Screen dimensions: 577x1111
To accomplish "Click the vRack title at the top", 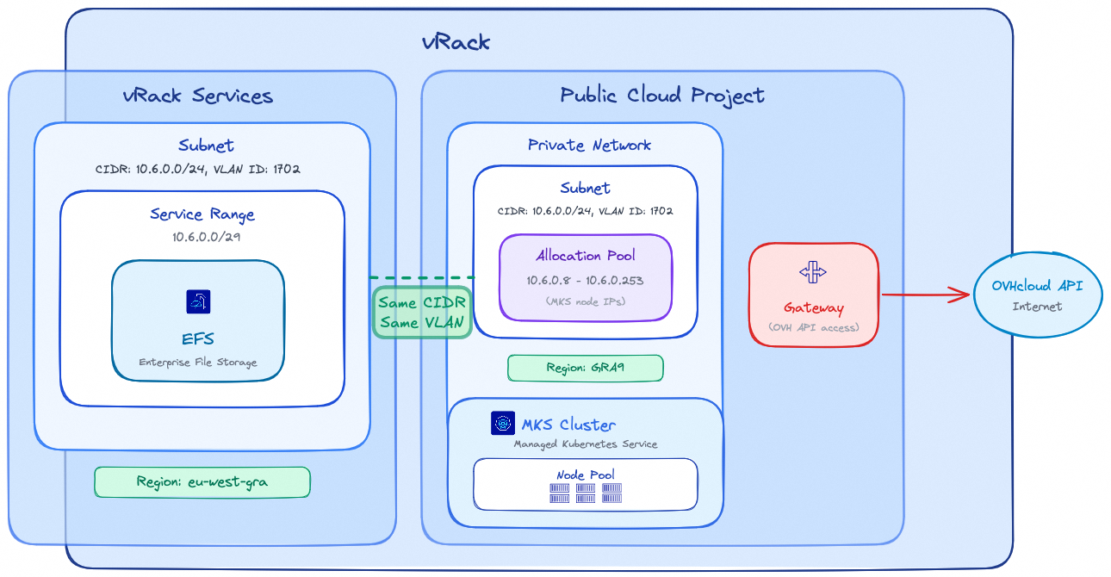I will pos(456,42).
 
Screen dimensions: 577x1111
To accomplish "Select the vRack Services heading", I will pos(198,96).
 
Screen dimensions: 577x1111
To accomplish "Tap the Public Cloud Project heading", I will pos(661,95).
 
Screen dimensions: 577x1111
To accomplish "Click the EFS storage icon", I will pos(198,301).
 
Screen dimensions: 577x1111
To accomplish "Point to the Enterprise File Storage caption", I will pos(198,363).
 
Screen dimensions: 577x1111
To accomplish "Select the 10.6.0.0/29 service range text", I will pos(202,235).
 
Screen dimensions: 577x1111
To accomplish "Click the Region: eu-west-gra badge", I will pos(202,482).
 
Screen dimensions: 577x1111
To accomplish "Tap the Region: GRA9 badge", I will pos(585,368).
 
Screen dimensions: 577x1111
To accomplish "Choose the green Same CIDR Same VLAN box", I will pos(422,313).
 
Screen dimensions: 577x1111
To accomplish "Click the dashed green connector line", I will pos(422,277).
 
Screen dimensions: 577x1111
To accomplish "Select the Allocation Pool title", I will pos(586,256).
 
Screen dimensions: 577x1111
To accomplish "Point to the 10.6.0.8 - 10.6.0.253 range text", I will pos(586,281).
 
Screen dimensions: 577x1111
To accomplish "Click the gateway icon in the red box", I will pos(813,273).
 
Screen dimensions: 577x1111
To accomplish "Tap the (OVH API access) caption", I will pos(813,326).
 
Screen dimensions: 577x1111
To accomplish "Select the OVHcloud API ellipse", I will pos(1037,295).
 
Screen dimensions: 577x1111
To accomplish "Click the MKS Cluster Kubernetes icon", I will pos(502,424).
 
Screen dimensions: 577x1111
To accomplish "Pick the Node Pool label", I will pos(585,475).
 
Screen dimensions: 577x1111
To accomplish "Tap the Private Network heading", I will pos(589,145).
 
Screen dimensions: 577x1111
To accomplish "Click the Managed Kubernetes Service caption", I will pos(586,444).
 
